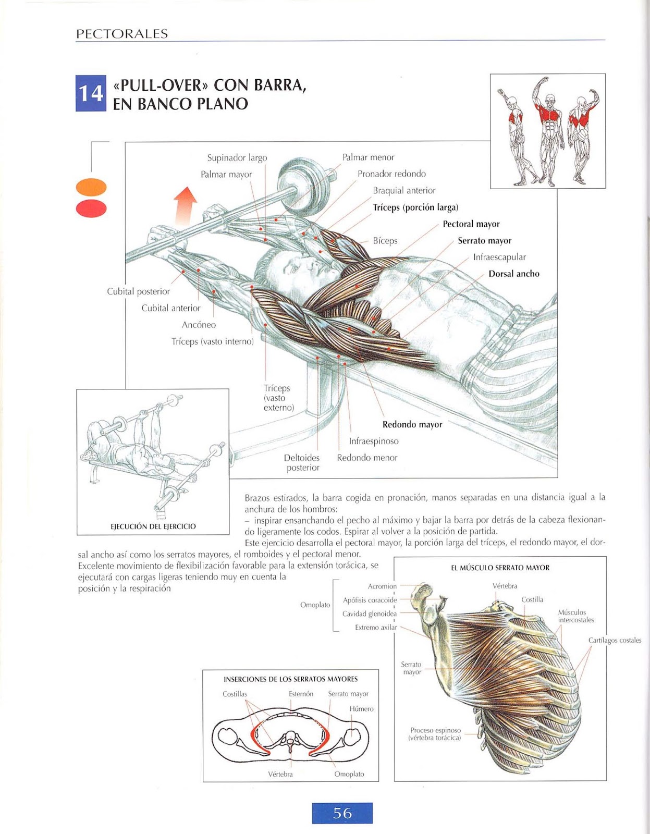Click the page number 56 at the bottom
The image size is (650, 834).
pyautogui.click(x=342, y=813)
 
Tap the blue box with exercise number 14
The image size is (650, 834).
pyautogui.click(x=91, y=93)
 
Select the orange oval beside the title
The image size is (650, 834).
pyautogui.click(x=91, y=187)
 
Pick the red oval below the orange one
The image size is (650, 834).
pyautogui.click(x=91, y=208)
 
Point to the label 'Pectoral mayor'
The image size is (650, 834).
pyautogui.click(x=471, y=224)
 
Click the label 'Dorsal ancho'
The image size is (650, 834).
pyautogui.click(x=513, y=274)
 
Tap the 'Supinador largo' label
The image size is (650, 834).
pyautogui.click(x=237, y=158)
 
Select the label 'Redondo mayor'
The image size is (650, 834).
pyautogui.click(x=412, y=425)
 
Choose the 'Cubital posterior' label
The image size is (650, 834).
pyautogui.click(x=138, y=291)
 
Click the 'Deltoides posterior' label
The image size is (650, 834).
pyautogui.click(x=302, y=462)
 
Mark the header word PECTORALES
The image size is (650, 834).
pyautogui.click(x=122, y=34)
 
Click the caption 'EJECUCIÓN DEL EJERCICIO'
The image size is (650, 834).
pyautogui.click(x=153, y=526)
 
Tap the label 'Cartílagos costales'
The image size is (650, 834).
pyautogui.click(x=615, y=640)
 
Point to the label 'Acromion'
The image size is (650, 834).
pyautogui.click(x=382, y=586)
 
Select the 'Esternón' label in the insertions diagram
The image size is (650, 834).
pyautogui.click(x=301, y=694)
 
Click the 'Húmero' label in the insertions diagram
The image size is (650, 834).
pyautogui.click(x=361, y=709)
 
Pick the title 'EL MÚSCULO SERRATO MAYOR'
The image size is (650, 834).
pyautogui.click(x=500, y=568)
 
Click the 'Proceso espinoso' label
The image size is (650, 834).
pyautogui.click(x=435, y=730)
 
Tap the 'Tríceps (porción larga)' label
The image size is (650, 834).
pyautogui.click(x=415, y=207)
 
